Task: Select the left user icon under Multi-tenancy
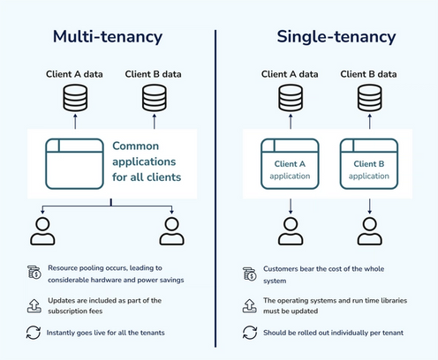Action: [x=42, y=229]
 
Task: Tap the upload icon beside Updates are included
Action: [x=34, y=304]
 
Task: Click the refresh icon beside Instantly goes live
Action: [x=34, y=333]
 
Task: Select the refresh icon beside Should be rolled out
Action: [x=250, y=333]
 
